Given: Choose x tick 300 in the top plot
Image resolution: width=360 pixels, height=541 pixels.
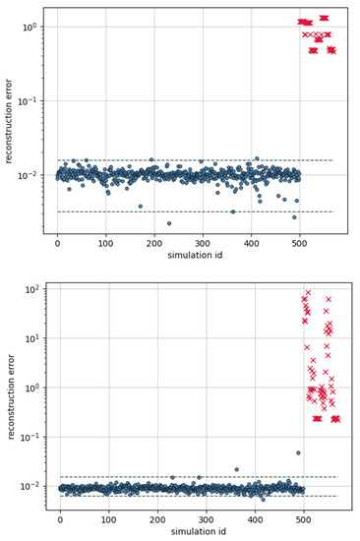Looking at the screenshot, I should coord(202,242).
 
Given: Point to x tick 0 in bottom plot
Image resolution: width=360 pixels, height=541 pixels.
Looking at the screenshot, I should coord(60,517).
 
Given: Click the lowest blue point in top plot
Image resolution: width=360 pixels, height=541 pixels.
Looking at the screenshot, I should coord(169,223).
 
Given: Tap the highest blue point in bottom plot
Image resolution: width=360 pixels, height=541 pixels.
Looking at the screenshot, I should coord(299,452).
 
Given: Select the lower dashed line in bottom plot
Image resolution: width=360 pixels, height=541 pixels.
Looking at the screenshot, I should coord(197,496).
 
